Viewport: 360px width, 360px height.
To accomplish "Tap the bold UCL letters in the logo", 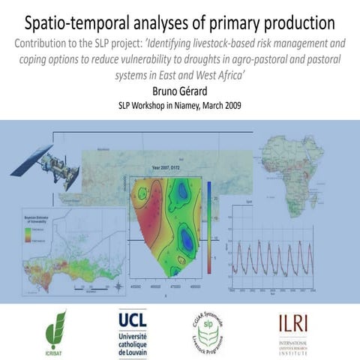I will (133, 319).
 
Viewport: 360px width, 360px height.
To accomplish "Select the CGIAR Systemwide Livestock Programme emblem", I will (205, 331).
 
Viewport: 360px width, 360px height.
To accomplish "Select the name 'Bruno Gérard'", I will (179, 91).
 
